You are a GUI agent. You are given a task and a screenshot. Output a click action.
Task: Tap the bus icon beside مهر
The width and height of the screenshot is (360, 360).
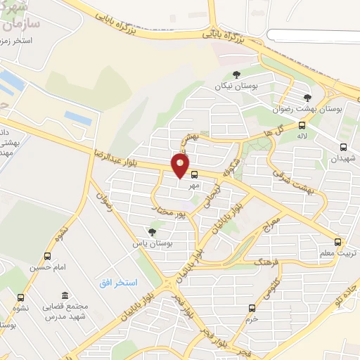194,174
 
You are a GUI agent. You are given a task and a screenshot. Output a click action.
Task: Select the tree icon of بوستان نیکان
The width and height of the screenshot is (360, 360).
236,75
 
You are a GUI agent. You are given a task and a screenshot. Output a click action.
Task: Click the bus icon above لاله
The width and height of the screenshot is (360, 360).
302,125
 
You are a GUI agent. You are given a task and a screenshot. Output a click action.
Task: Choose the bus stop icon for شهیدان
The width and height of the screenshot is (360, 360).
343,147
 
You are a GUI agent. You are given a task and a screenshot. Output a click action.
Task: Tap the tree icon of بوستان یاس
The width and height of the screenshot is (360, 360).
152,232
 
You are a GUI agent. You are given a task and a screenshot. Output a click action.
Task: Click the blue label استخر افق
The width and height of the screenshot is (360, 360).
117,282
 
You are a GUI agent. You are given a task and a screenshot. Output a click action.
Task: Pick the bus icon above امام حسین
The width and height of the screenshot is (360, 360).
47,257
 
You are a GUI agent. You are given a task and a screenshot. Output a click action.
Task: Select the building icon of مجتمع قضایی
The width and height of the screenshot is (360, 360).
65,295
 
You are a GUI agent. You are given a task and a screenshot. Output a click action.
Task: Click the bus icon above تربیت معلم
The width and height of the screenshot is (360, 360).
340,241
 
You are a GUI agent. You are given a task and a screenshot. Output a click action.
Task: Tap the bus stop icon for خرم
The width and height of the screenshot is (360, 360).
252,307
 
